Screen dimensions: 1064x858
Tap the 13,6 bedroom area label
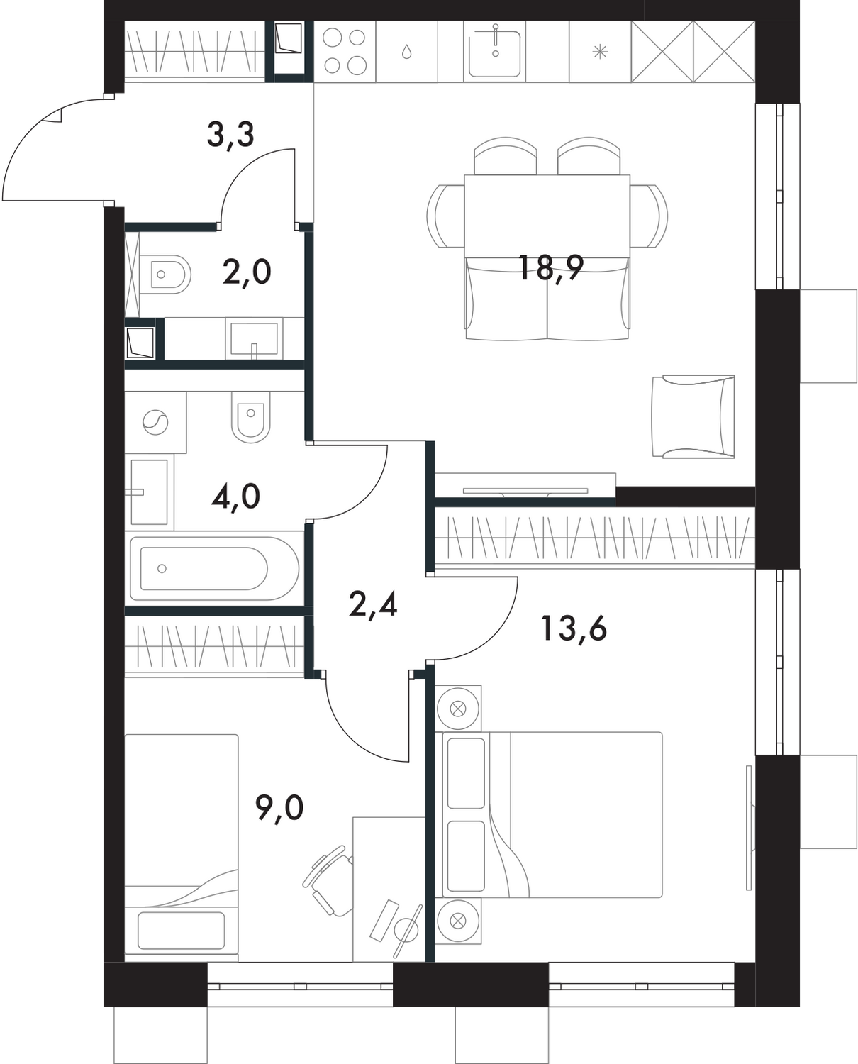click(573, 628)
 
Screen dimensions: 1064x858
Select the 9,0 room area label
click(279, 807)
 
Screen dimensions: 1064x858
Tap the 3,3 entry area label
click(230, 134)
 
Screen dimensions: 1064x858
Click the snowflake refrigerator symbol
click(600, 51)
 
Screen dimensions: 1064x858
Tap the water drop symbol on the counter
click(406, 52)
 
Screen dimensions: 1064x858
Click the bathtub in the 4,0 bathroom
click(205, 569)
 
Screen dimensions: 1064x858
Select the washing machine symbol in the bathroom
click(155, 423)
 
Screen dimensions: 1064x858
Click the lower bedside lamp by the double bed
click(458, 921)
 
